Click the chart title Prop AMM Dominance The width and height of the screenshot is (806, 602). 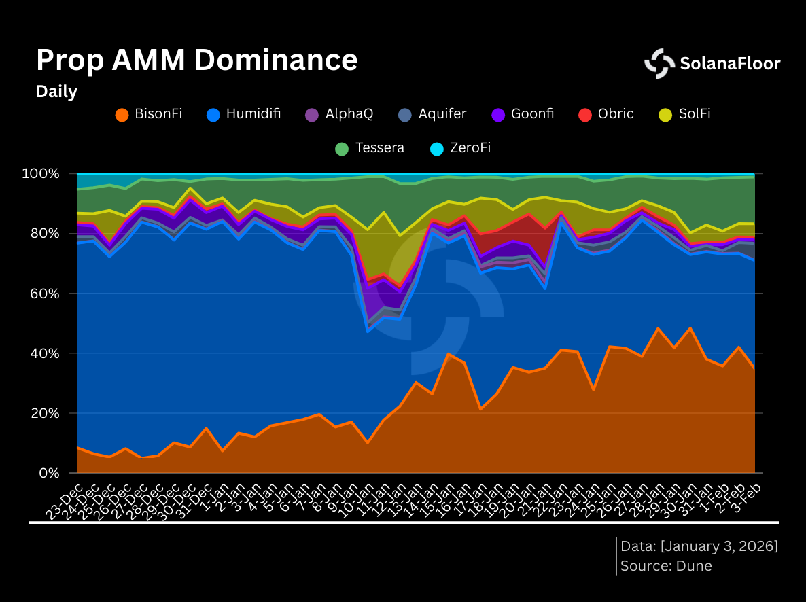[x=196, y=60]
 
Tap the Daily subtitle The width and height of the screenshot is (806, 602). [x=56, y=92]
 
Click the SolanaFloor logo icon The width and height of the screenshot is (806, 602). [x=659, y=64]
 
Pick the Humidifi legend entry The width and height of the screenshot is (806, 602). [x=244, y=114]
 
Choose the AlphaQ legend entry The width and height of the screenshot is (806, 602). [x=339, y=114]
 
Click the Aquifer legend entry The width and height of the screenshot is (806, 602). [x=433, y=114]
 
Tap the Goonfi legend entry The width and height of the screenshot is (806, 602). [x=523, y=114]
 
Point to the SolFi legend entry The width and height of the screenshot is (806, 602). [x=685, y=114]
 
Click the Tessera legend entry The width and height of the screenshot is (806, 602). [x=370, y=148]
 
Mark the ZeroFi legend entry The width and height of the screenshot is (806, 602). [x=461, y=148]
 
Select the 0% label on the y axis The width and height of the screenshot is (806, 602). [x=50, y=473]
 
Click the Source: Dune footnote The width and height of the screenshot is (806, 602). [x=666, y=565]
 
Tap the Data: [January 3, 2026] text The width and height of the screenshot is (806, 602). [x=699, y=546]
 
